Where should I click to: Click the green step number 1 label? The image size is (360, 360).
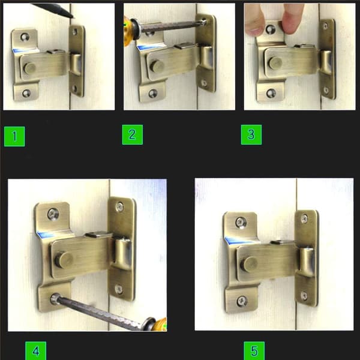pyautogui.click(x=14, y=136)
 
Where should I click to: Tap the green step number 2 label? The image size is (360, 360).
pyautogui.click(x=133, y=135)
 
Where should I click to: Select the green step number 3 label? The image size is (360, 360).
pyautogui.click(x=251, y=135)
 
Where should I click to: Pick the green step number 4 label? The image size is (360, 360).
pyautogui.click(x=35, y=350)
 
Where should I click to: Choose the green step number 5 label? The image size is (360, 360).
pyautogui.click(x=254, y=350)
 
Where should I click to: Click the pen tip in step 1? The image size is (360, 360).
pyautogui.click(x=73, y=17)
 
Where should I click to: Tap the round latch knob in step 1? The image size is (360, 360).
pyautogui.click(x=29, y=68)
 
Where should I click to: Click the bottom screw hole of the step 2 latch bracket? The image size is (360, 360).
pyautogui.click(x=152, y=94)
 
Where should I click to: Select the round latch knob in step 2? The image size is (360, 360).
pyautogui.click(x=157, y=65)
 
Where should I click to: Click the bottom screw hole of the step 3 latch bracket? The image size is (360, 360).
pyautogui.click(x=271, y=93)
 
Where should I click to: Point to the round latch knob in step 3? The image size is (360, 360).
pyautogui.click(x=275, y=62)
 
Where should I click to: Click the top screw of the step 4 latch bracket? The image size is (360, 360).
pyautogui.click(x=53, y=214)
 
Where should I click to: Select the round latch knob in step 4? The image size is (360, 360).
pyautogui.click(x=64, y=259)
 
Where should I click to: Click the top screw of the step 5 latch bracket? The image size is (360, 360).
pyautogui.click(x=241, y=222)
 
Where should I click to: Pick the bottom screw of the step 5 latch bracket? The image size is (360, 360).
pyautogui.click(x=242, y=301)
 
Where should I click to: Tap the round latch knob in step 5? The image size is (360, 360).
pyautogui.click(x=250, y=264)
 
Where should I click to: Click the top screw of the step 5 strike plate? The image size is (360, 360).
pyautogui.click(x=304, y=218)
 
